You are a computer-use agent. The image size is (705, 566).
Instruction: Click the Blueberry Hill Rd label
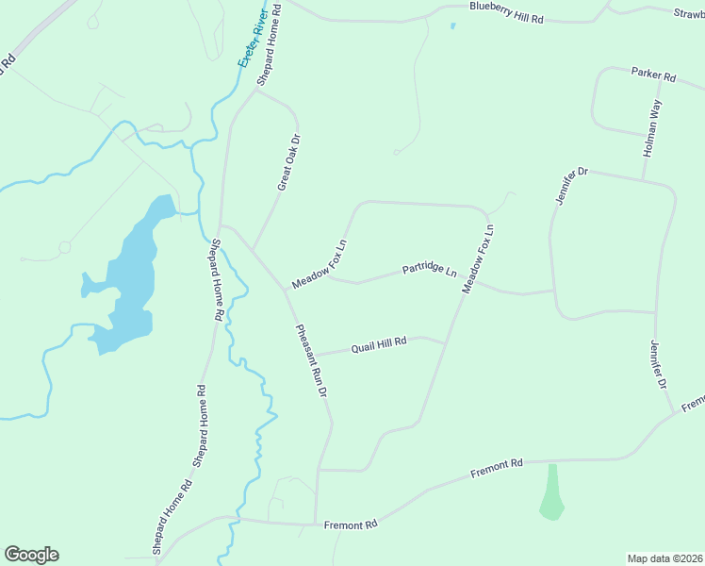507,12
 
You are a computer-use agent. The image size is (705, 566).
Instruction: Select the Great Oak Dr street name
289,162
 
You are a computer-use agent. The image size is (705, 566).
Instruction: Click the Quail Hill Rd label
378,345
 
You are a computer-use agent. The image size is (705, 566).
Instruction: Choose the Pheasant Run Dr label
312,359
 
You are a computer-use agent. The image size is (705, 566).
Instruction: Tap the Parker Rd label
654,74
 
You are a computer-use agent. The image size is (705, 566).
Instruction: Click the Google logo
31,555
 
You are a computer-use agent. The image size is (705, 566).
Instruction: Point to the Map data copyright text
665,558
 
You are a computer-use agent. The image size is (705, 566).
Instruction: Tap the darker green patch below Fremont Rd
552,492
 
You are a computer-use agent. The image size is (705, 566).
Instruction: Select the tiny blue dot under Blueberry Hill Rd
452,25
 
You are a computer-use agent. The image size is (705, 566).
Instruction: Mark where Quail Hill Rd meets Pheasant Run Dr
314,356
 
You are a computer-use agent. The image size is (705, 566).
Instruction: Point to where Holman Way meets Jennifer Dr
643,180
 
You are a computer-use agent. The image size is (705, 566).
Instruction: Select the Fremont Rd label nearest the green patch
496,468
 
